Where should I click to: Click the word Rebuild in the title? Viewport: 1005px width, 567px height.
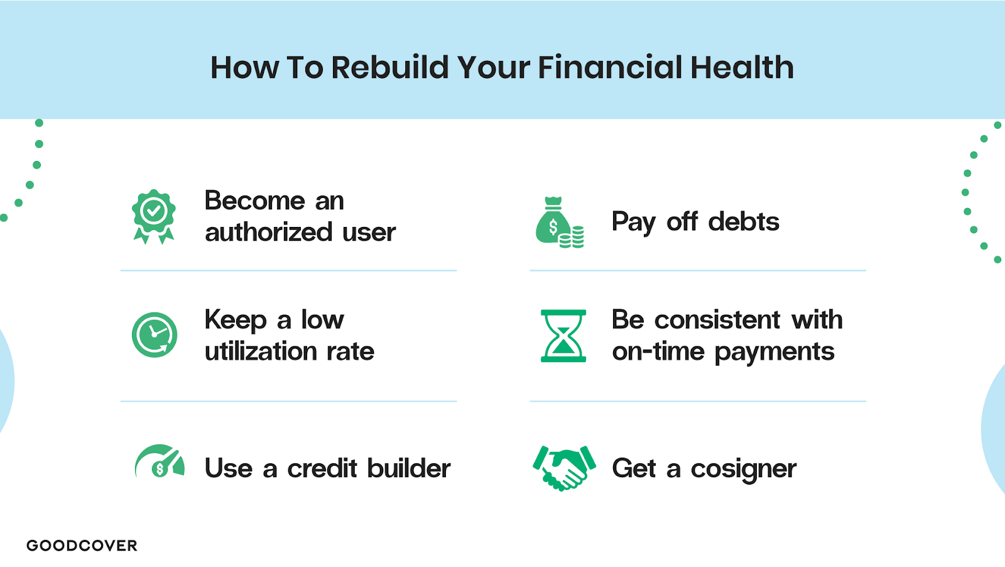pos(390,67)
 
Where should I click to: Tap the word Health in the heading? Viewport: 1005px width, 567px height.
pos(742,67)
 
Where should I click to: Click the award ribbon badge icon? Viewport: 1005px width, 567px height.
pos(153,216)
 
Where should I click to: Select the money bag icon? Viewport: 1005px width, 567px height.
pos(553,220)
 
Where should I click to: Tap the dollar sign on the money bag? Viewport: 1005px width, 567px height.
pos(553,227)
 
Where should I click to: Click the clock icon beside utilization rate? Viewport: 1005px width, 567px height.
pos(155,335)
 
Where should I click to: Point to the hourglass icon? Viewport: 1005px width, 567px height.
pos(563,336)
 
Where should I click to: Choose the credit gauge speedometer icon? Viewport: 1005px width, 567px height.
pos(160,461)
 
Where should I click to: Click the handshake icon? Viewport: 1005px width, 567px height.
pos(565,468)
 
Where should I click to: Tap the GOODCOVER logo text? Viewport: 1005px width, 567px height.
pos(82,546)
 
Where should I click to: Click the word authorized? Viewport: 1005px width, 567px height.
pos(268,232)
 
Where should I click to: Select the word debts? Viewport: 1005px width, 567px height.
pos(744,221)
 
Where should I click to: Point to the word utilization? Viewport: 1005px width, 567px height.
pos(261,351)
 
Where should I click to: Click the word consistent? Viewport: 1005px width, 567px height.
pos(717,319)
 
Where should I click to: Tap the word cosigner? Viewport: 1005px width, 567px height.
pos(744,469)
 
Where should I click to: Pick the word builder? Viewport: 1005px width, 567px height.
pos(409,468)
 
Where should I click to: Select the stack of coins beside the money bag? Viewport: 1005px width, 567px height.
pos(571,238)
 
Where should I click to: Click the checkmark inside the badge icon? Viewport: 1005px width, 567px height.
pos(153,210)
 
